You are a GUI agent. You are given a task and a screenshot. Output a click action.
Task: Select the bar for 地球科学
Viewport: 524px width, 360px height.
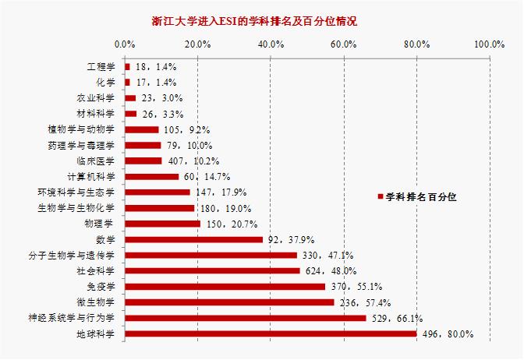pos(271,334)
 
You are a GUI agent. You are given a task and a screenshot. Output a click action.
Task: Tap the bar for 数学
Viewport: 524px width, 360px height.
pos(193,239)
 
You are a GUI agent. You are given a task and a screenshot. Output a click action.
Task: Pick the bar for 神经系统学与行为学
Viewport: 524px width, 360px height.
pos(245,318)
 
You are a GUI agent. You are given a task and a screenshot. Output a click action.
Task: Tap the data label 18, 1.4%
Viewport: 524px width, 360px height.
pos(150,68)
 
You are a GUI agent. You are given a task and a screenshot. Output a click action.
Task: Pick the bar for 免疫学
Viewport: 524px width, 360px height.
pos(225,287)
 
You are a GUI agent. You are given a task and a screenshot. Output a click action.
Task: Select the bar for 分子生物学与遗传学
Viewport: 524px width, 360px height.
pos(211,255)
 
